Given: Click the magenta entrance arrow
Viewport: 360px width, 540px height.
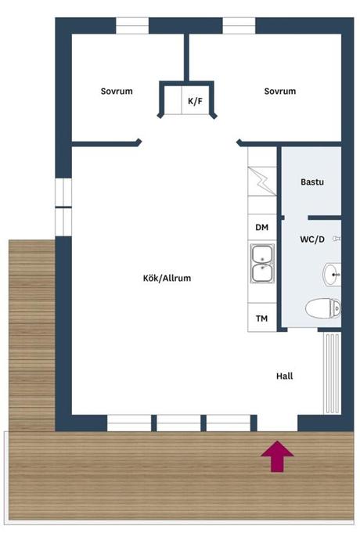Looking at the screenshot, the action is point(277,456).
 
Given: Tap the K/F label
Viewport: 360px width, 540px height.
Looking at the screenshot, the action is point(195,101).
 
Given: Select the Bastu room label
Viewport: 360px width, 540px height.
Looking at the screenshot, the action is point(312,182).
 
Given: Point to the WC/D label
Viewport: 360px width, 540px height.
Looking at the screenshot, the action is point(312,239).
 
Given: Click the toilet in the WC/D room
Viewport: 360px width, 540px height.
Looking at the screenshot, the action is point(323,308).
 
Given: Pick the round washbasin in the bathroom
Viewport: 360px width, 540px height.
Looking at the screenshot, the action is point(332,275).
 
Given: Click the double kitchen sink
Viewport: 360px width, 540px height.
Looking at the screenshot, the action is point(262,264).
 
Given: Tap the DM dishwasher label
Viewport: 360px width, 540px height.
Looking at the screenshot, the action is point(262,227).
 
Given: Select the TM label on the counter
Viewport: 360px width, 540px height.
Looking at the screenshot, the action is point(262,319).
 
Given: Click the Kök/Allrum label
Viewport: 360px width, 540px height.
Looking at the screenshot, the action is point(167,279).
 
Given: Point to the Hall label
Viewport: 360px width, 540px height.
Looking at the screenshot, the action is point(285,376).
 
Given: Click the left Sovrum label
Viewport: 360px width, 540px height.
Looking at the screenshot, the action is point(117,92).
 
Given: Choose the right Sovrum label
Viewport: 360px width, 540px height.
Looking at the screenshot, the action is point(279,92).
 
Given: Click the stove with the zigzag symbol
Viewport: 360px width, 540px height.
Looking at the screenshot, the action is point(262,182).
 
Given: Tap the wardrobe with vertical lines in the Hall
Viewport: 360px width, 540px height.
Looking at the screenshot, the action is point(332,373).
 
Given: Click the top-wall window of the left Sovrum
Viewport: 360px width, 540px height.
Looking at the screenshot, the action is point(132,26).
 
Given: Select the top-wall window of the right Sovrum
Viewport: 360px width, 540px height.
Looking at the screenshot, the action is point(239,26).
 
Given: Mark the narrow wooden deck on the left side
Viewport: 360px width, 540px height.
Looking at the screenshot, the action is point(31,336).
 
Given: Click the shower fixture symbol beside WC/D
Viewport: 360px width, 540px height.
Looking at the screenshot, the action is point(337,239).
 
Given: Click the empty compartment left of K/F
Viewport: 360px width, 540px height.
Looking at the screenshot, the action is point(173,100).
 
